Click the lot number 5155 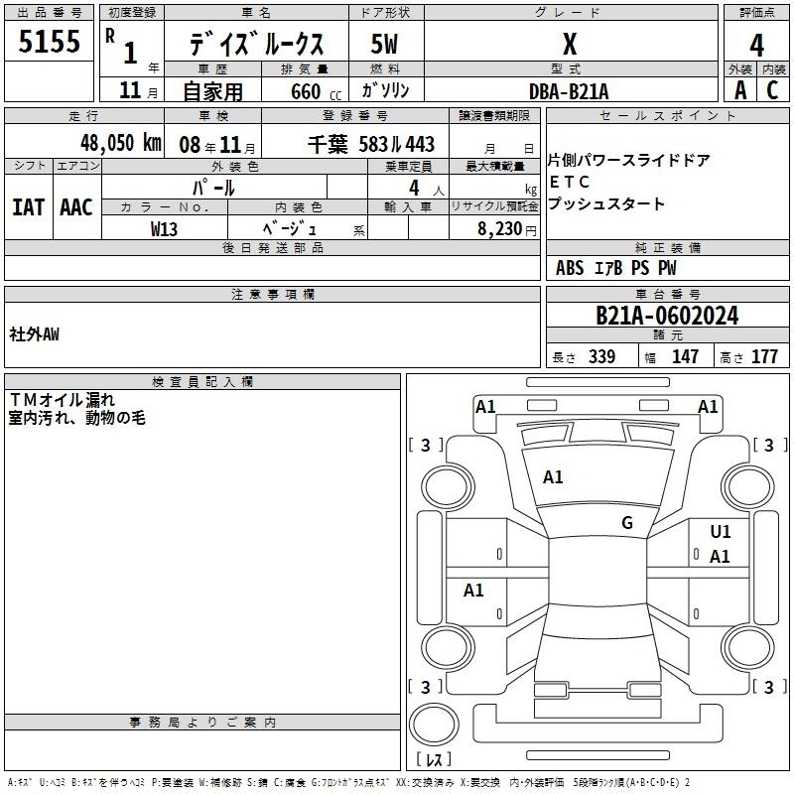tap(49, 42)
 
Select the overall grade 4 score tap(756, 46)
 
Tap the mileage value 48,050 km tap(121, 143)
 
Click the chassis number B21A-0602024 tap(667, 316)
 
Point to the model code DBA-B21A tap(569, 91)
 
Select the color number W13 tap(164, 229)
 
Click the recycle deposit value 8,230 tap(500, 229)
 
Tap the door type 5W tap(384, 44)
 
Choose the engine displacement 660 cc tap(316, 92)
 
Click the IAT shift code tap(29, 207)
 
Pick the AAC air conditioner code tap(76, 207)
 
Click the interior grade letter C tap(772, 90)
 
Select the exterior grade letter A tap(740, 90)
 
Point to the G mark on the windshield tap(627, 523)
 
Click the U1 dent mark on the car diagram tap(721, 532)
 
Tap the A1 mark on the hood tap(553, 477)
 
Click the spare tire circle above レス tap(434, 724)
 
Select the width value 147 tap(685, 356)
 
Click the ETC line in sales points tap(570, 182)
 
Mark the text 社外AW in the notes tap(34, 334)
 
